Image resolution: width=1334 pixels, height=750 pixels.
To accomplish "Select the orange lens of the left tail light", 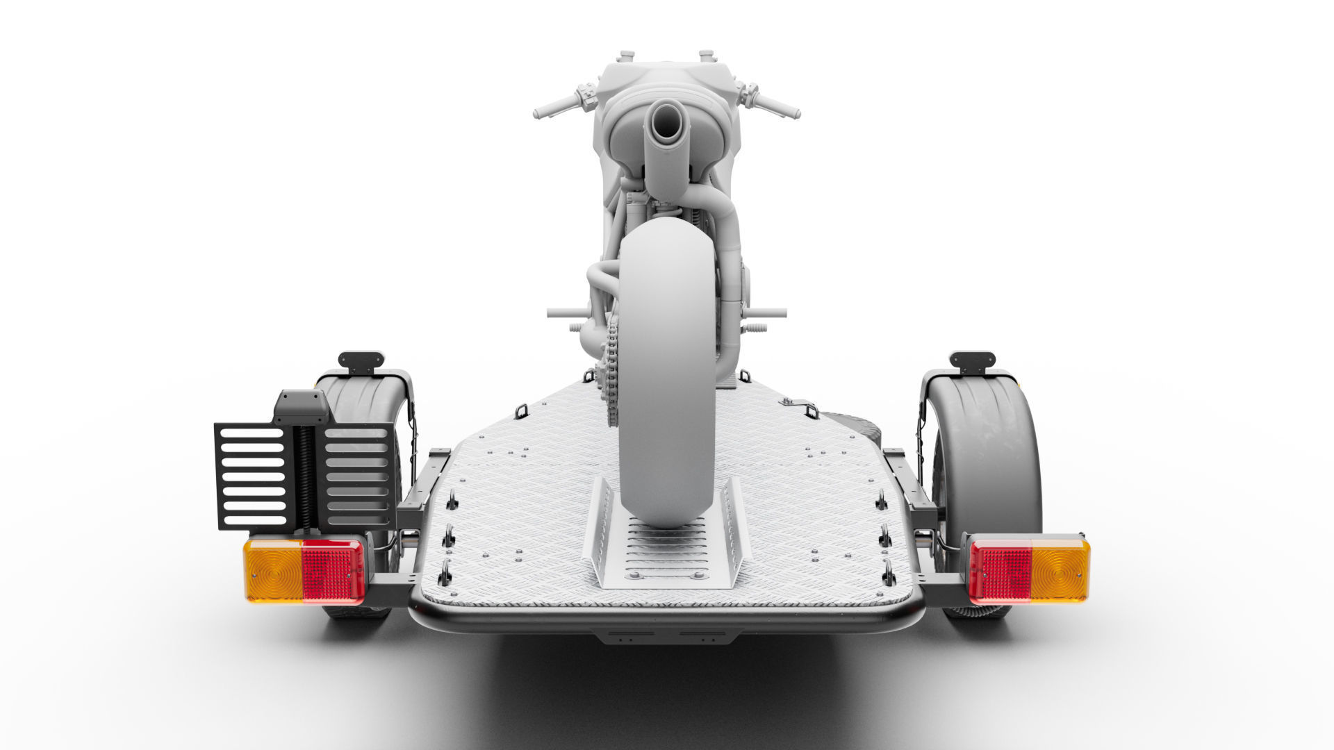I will click(272, 571).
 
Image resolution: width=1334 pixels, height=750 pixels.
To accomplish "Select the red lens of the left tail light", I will click(333, 571).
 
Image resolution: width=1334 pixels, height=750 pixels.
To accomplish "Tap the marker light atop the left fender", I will click(361, 360).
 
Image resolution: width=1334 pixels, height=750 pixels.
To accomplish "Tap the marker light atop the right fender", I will click(972, 360).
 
